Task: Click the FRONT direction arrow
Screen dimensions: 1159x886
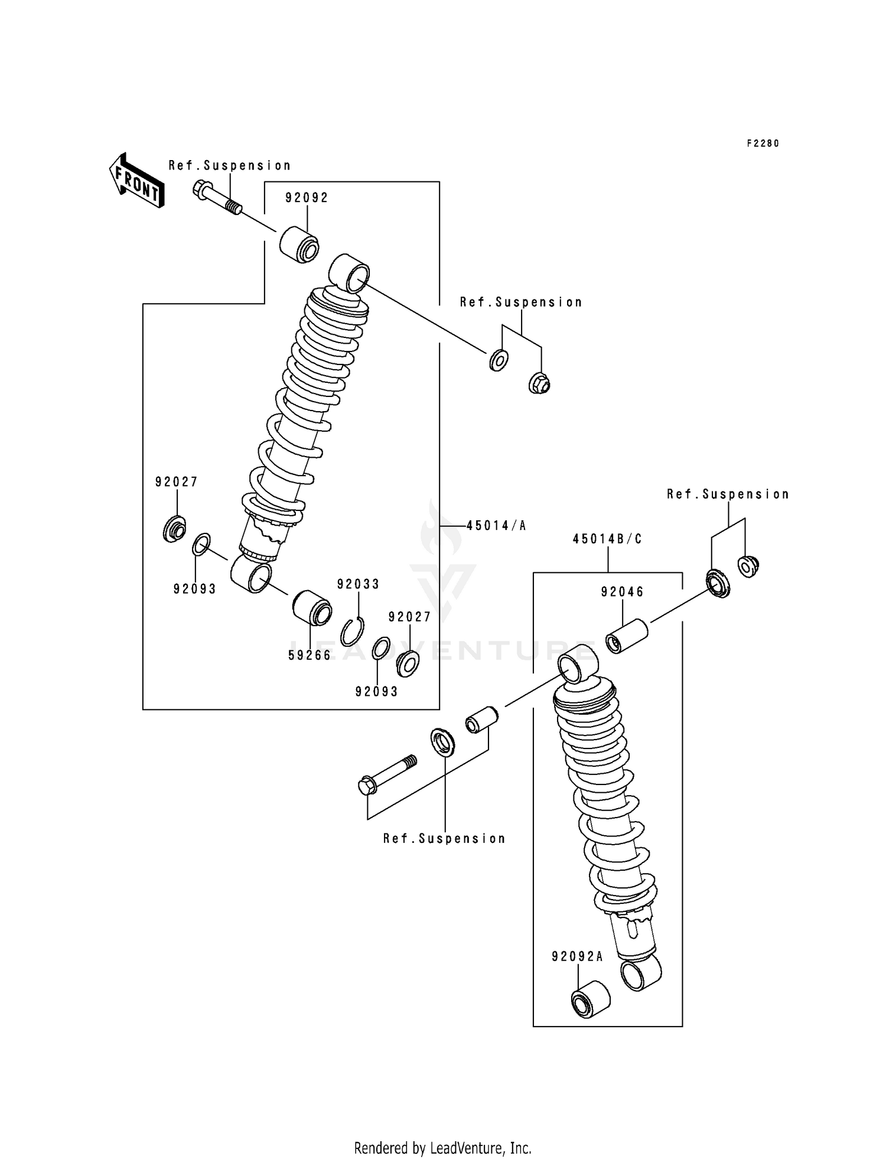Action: [x=136, y=180]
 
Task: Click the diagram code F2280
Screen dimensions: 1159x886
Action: [x=763, y=144]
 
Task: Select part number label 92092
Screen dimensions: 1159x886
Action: [x=307, y=198]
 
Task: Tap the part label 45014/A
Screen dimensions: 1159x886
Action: [x=496, y=525]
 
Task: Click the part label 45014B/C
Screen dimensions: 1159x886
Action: [x=607, y=539]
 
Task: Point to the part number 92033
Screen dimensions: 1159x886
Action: [x=358, y=584]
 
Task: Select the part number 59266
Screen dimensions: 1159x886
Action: [x=310, y=655]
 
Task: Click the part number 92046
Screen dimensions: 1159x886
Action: [x=623, y=592]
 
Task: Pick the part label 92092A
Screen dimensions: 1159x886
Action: [x=578, y=956]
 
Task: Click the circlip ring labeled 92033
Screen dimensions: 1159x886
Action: [x=353, y=632]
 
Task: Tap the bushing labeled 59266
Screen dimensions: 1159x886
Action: [x=312, y=608]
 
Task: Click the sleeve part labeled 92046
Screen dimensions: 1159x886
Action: [x=627, y=636]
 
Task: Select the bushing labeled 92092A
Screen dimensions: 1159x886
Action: [x=590, y=1000]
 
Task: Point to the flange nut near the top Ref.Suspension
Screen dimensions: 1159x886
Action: [x=539, y=383]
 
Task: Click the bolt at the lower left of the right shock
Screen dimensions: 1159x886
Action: [x=387, y=774]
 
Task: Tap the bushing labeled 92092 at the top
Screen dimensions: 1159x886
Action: [x=299, y=244]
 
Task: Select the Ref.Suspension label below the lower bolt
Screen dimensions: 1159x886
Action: [x=444, y=838]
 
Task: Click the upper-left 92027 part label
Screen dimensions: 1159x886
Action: [x=177, y=482]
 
